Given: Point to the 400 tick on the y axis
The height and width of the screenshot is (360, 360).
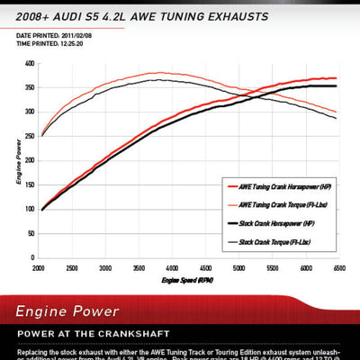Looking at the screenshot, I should tap(29, 64).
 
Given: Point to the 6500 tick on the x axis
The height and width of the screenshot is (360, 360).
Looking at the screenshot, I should tap(337, 268).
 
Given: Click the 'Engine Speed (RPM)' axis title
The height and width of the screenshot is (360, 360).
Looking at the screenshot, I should tap(187, 281).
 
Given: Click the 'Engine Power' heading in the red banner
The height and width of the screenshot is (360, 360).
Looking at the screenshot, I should tap(67, 311).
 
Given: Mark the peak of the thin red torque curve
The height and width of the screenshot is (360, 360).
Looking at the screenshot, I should tap(158, 73).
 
